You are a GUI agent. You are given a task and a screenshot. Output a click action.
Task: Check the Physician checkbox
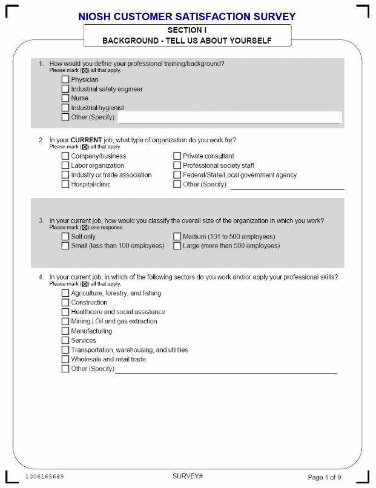[x=65, y=79]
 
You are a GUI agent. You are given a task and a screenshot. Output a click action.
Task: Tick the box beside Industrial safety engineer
[x=65, y=89]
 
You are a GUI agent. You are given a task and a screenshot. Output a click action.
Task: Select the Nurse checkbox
[x=65, y=98]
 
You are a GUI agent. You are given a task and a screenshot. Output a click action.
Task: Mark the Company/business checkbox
[x=65, y=156]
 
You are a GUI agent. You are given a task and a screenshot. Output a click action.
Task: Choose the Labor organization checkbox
[x=65, y=165]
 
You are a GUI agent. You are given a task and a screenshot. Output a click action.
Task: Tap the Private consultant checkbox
[x=177, y=156]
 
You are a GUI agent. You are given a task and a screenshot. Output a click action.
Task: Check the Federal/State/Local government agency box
[x=177, y=175]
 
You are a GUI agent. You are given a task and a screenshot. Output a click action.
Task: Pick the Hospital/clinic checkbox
[x=65, y=184]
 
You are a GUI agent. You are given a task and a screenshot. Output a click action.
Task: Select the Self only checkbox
[x=65, y=237]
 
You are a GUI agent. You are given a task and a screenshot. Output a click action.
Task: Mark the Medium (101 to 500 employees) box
[x=177, y=237]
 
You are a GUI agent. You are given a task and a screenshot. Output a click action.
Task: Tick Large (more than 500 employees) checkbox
[x=177, y=246]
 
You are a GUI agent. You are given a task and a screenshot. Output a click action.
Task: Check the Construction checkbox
[x=65, y=303]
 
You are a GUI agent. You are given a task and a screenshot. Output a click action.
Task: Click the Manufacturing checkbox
[x=65, y=331]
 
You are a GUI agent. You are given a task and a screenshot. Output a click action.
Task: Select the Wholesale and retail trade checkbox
[x=65, y=359]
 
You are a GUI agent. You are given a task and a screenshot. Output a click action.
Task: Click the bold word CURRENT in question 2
[x=87, y=140]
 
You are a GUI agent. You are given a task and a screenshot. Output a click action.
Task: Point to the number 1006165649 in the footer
[x=44, y=477]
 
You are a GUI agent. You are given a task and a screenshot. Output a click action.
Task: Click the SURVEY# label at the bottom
[x=188, y=476]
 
